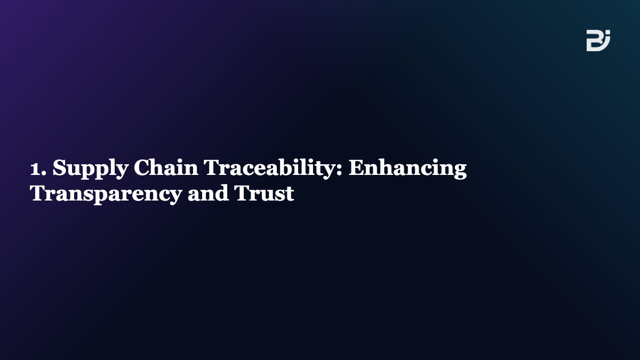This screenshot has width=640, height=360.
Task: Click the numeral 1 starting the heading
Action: pos(35,169)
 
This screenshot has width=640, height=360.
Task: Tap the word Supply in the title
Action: pos(90,169)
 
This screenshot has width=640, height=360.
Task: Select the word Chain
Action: pos(166,167)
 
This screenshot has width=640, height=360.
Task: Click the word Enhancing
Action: pos(407,169)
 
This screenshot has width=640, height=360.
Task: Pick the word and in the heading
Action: pos(208,193)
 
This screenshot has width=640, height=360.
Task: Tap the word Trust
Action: pos(263,193)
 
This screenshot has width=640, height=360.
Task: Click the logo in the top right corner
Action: pos(598,41)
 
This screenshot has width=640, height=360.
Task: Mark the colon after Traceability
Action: pos(339,170)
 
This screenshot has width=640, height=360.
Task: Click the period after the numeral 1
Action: pos(43,173)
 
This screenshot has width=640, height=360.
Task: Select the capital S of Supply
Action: pos(59,167)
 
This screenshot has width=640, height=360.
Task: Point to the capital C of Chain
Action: pos(141,167)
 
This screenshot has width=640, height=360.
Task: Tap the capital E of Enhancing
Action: pos(356,167)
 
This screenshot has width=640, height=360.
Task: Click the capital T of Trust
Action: pos(241,193)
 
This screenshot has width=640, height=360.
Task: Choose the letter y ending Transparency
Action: pos(175,197)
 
